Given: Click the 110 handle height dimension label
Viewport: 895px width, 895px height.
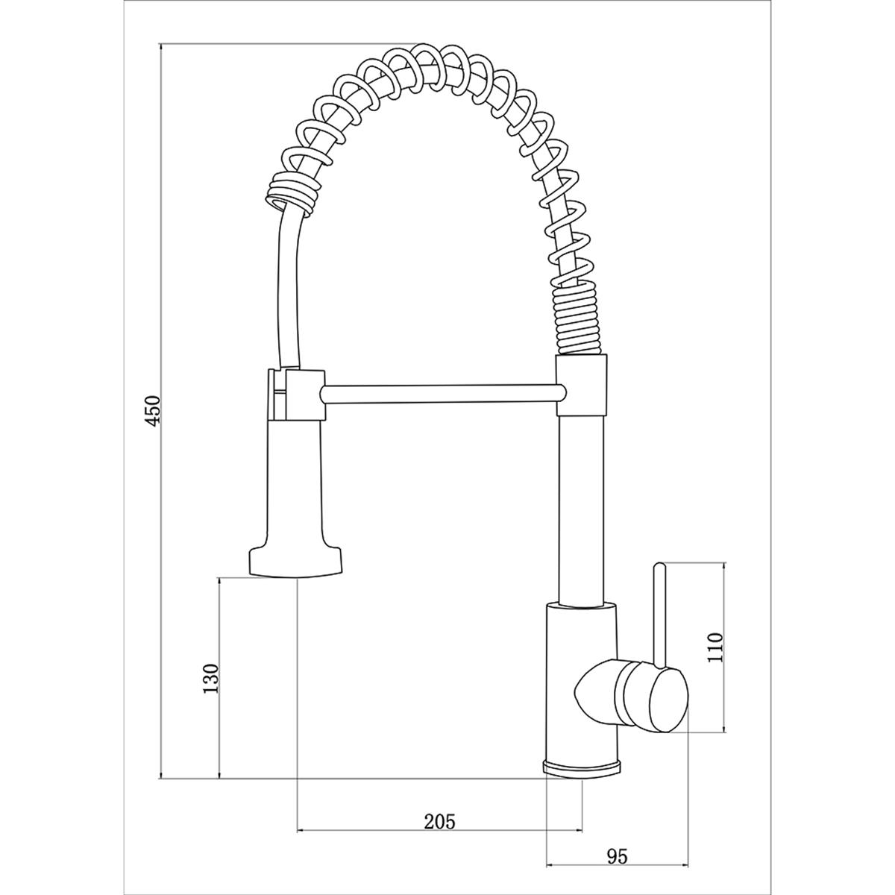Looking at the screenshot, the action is pyautogui.click(x=715, y=647).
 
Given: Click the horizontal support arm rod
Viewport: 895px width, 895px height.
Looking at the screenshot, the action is pyautogui.click(x=444, y=395).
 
